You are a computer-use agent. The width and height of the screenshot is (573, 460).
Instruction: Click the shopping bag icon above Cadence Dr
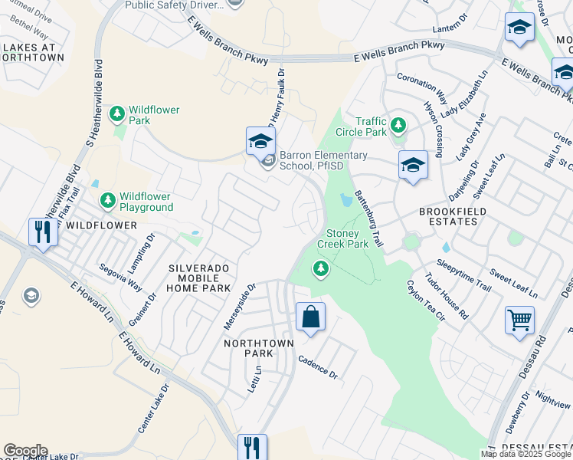[310, 317]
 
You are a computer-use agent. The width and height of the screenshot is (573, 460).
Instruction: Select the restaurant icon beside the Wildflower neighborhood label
[41, 232]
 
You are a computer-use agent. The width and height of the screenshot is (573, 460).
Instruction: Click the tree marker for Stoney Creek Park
[321, 268]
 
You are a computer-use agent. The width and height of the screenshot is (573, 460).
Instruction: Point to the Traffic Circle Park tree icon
[398, 125]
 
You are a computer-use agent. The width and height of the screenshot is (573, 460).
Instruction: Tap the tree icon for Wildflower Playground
[108, 200]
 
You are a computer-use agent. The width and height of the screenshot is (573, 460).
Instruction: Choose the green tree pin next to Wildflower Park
[116, 115]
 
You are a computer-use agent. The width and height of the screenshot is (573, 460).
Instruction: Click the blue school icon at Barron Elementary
[260, 141]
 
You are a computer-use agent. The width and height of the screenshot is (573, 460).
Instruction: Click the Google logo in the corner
[25, 451]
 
